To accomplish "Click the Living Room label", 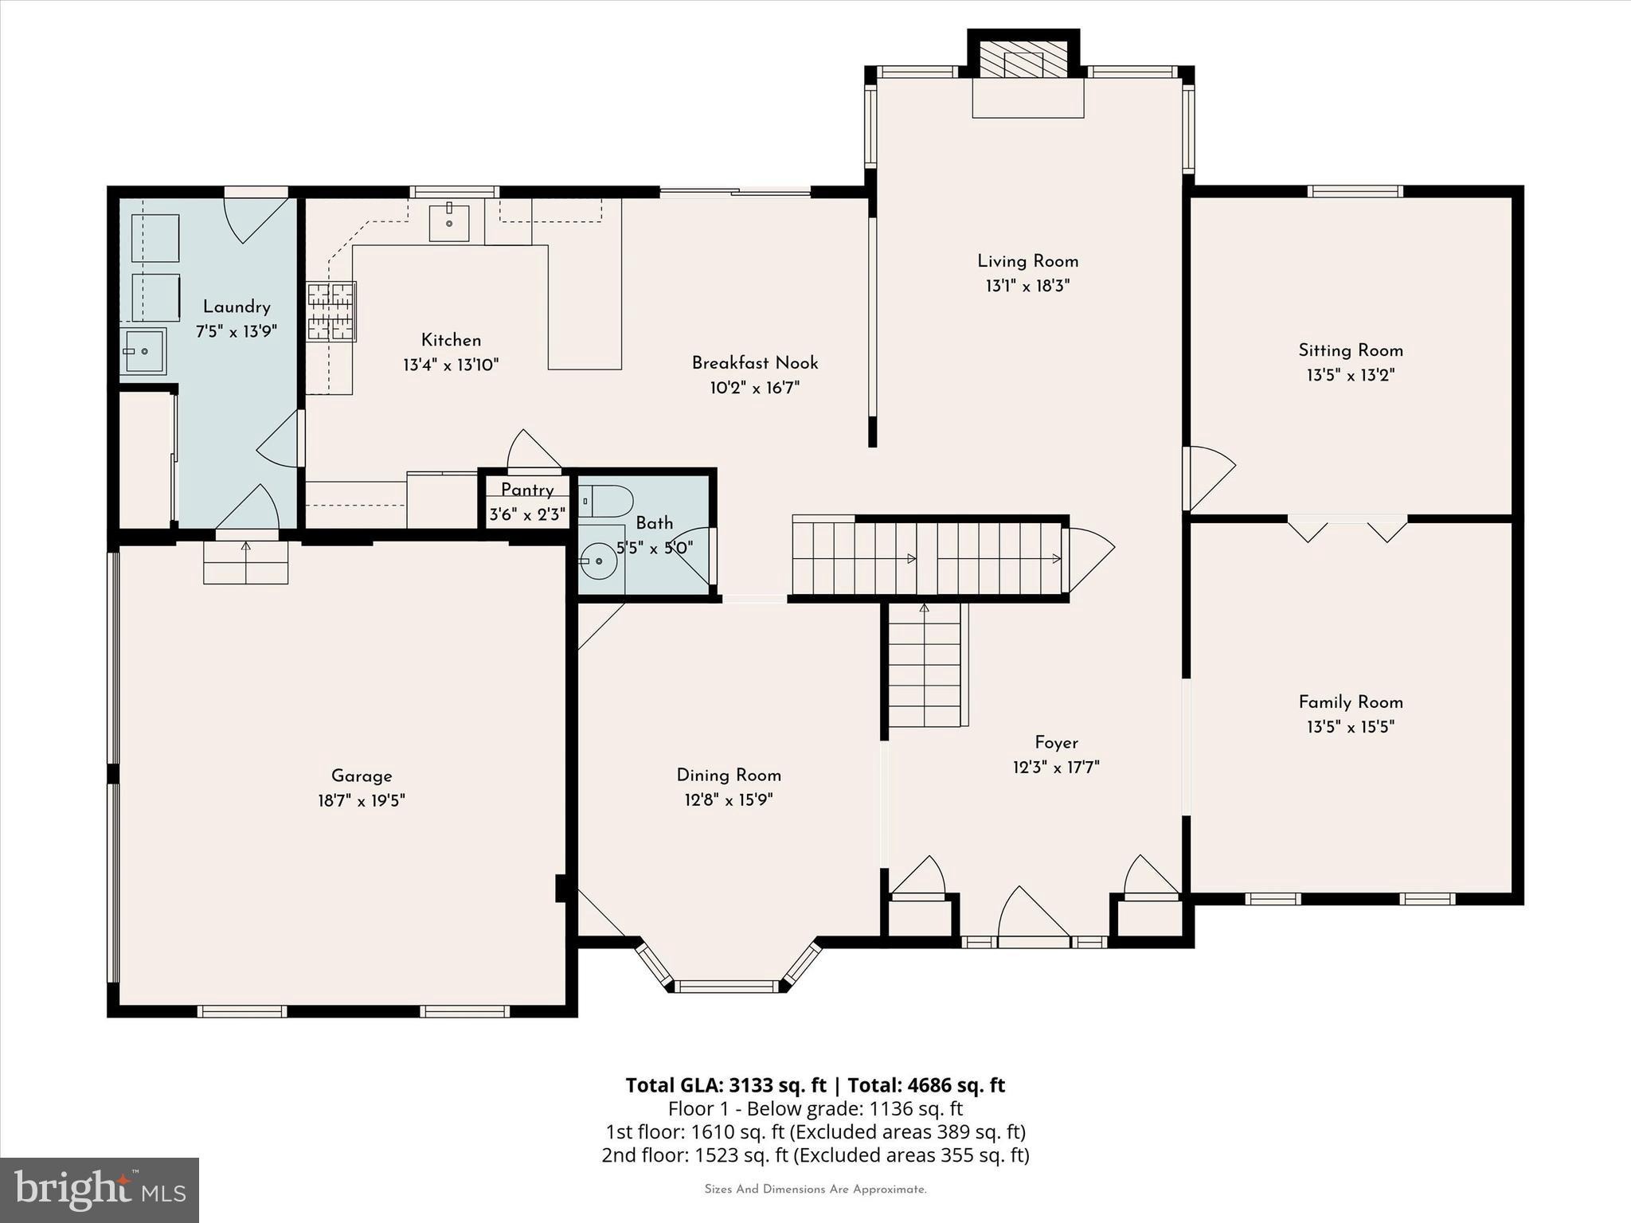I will pos(1027,261).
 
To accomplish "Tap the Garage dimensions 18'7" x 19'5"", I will pos(362,800).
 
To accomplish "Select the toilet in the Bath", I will pos(608,502).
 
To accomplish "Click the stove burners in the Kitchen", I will pos(331,311).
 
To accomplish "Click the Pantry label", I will pos(527,490).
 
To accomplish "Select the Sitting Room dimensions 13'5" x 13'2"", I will pos(1351,375).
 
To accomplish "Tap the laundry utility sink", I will pos(143,350).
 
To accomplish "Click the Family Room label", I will pos(1351,702).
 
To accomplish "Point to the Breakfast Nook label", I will pos(755,363).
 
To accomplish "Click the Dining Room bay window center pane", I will pos(726,987).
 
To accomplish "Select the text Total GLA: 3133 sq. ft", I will pos(726,1085).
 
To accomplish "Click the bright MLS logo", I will pos(100,1190).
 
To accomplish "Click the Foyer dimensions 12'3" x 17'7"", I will pos(1056,768).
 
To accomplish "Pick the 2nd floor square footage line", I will pos(815,1155).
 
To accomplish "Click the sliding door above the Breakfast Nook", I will pos(735,191).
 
